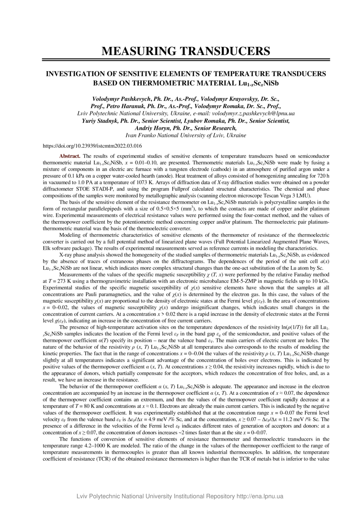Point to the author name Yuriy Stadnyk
click(100, 121)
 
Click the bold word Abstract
click(70, 156)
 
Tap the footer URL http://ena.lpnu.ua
click(260, 496)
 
